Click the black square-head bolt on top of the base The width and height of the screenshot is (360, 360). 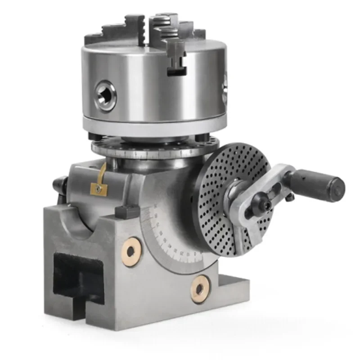123,210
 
